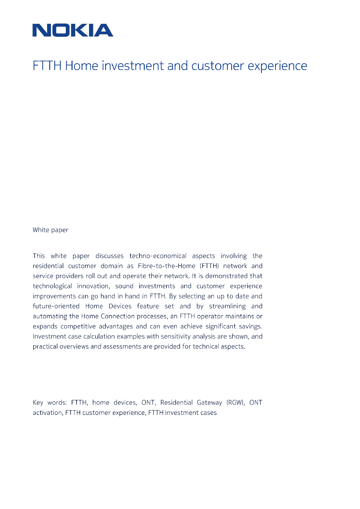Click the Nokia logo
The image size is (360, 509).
[x=73, y=30]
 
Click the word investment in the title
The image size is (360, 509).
[x=133, y=66]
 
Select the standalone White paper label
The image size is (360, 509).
[x=51, y=230]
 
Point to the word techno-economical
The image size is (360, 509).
[x=158, y=256]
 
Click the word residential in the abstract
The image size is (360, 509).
[x=48, y=266]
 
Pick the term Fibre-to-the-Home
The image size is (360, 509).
[x=166, y=266]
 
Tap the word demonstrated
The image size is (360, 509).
[x=227, y=276]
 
